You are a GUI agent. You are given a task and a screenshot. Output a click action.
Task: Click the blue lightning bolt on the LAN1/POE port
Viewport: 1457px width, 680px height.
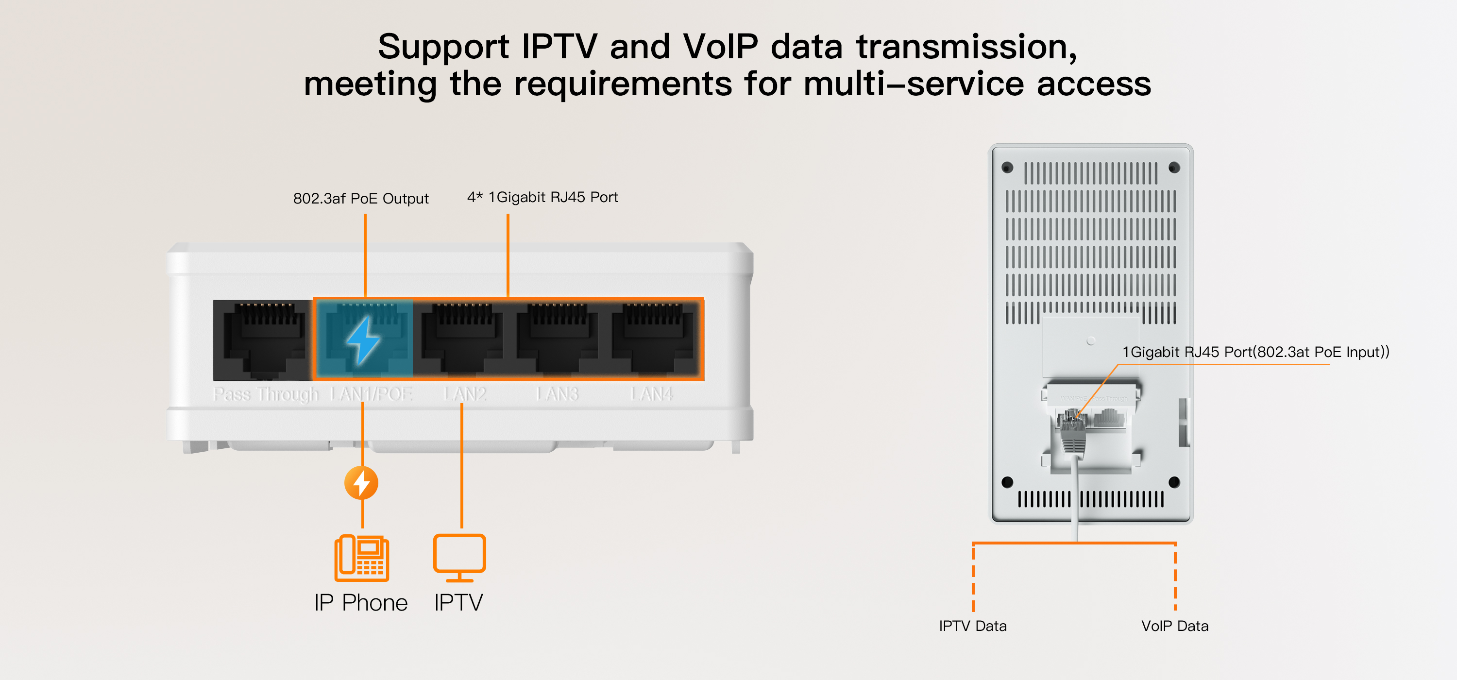click(363, 340)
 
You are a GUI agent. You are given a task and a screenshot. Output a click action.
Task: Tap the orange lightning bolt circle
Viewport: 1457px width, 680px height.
click(361, 483)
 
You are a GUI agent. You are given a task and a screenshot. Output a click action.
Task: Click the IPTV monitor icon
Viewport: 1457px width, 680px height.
click(459, 557)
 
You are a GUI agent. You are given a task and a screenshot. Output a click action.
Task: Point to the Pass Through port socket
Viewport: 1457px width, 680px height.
click(264, 340)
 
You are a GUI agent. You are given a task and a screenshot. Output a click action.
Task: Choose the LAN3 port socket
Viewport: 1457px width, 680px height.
click(558, 340)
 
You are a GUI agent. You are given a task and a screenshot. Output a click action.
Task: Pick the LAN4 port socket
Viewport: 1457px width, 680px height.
click(653, 340)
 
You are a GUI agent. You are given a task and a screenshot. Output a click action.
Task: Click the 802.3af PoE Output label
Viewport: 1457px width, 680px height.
click(361, 199)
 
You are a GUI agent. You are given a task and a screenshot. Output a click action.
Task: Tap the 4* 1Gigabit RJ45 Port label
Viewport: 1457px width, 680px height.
click(542, 197)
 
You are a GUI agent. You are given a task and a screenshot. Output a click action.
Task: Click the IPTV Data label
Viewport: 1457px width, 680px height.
click(973, 626)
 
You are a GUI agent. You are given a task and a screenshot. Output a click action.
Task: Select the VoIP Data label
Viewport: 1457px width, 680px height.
click(1175, 626)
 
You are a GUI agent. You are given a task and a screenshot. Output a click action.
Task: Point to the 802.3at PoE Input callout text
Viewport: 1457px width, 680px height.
click(1255, 352)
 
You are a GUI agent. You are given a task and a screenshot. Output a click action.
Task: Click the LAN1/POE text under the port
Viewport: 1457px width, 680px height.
click(371, 394)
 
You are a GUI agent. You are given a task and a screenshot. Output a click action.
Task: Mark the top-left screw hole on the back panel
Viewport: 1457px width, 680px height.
click(1007, 168)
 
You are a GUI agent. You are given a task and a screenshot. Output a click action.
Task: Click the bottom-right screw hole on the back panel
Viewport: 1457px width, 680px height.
click(1174, 482)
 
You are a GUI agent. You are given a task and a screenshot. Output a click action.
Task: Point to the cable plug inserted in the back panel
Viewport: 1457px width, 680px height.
click(1072, 436)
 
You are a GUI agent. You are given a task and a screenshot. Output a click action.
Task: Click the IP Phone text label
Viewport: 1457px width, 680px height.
click(361, 602)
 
